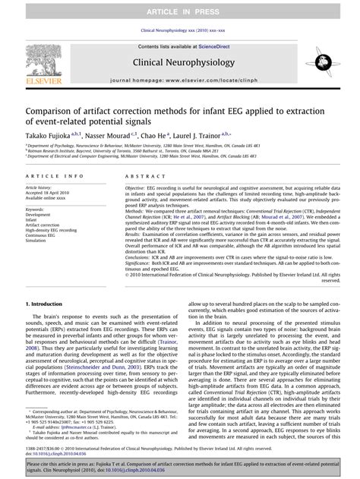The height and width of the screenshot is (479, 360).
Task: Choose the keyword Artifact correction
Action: coord(42,225)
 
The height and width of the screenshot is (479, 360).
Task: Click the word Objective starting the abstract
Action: coord(134,187)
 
